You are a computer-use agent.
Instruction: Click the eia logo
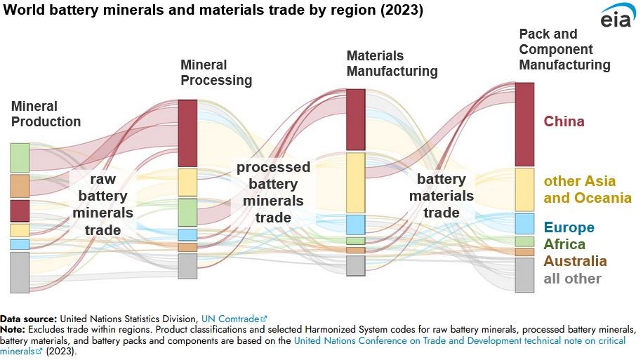point(618,17)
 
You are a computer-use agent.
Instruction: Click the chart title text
point(212,12)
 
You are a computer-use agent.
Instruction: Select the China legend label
point(564,121)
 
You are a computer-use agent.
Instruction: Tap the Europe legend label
point(569,227)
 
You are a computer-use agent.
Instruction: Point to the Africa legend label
point(564,244)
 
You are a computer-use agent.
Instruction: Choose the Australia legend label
point(575,261)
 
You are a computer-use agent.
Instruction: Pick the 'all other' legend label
point(572,279)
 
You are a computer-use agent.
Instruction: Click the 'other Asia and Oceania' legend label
point(587,189)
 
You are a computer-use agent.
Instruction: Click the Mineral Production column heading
point(46,114)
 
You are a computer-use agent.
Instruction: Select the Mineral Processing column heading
point(216,72)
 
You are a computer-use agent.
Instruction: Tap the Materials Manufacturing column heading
point(392,63)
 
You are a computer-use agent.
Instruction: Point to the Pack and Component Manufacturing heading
point(564,49)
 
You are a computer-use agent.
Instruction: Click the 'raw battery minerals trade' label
point(102,204)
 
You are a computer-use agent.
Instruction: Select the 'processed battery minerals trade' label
point(273,192)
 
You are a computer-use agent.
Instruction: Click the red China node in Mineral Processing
point(187,133)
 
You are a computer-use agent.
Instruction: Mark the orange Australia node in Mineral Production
point(20,186)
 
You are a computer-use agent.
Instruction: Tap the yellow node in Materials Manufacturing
point(356,182)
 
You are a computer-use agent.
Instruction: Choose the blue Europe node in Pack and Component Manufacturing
point(524,223)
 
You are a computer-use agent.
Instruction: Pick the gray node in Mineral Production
point(20,272)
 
